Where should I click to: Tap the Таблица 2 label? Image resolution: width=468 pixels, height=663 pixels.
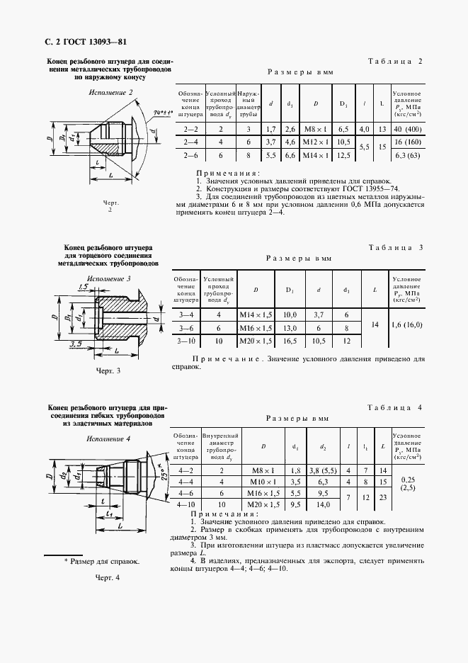click(395, 62)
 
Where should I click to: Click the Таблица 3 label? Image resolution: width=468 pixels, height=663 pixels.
click(396, 247)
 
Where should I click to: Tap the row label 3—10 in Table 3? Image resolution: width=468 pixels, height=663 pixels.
click(187, 341)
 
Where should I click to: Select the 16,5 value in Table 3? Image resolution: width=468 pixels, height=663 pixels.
click(290, 341)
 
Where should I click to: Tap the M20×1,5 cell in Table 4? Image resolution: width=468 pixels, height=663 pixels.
click(263, 505)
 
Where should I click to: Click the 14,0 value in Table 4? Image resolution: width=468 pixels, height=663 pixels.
click(323, 505)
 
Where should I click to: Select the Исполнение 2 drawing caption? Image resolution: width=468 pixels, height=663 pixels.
click(110, 93)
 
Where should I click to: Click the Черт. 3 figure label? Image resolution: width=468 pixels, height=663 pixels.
click(108, 370)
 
